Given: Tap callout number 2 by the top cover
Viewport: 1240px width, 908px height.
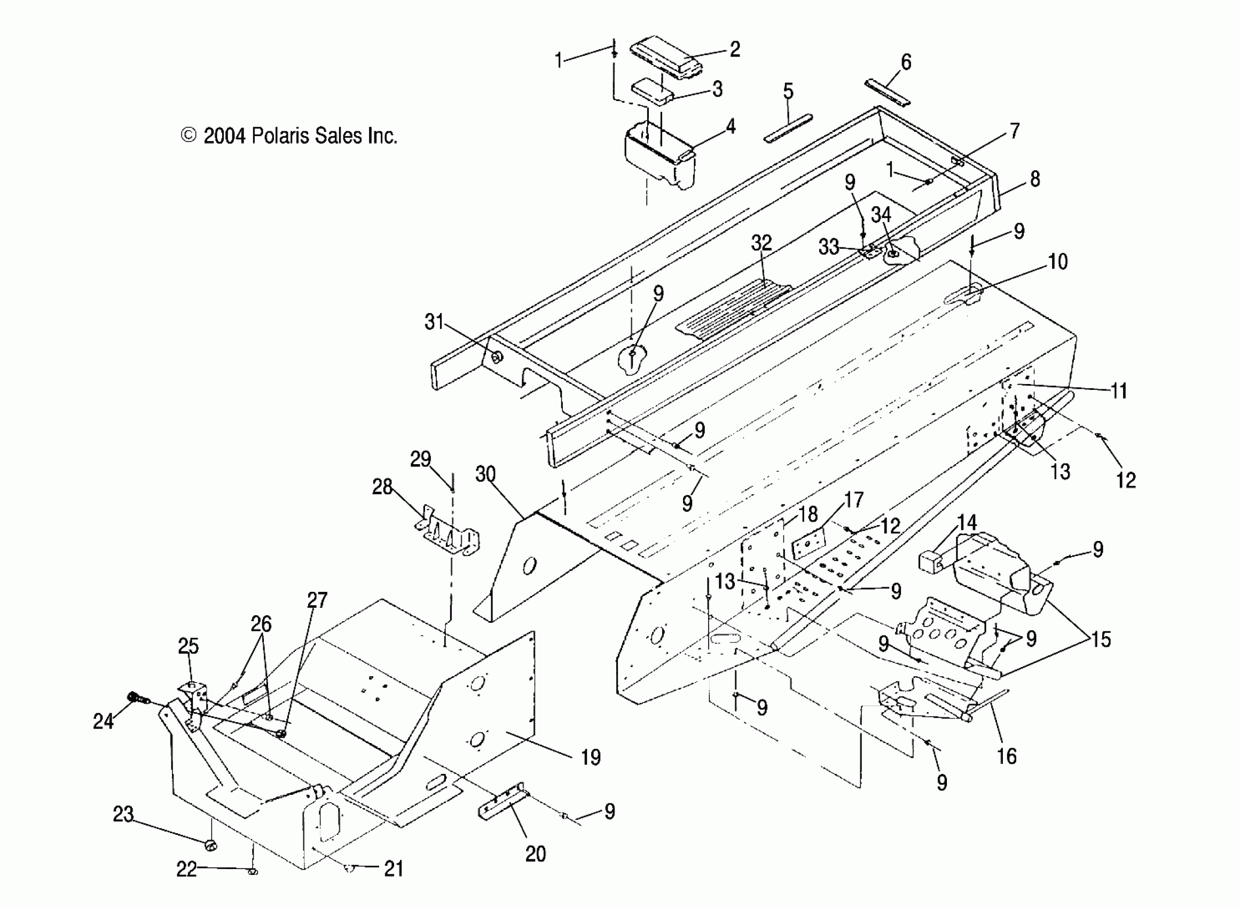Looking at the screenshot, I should point(735,50).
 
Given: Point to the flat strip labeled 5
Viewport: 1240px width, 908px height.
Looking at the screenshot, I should point(788,129).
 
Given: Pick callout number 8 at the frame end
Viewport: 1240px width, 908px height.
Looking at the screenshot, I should point(1034,179).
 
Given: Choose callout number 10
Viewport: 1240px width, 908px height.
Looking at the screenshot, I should point(1057,262).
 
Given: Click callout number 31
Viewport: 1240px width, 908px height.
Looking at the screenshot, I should point(434,322).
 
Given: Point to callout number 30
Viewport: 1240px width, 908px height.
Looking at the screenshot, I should point(485,474).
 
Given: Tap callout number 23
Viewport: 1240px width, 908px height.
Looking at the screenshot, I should point(123,815).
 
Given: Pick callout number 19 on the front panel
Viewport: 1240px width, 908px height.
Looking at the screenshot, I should point(591,757).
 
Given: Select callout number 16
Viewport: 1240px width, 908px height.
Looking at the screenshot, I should point(1007,757).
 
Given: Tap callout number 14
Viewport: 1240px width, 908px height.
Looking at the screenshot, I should point(967,522).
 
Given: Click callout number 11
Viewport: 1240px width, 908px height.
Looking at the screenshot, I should point(1119,391).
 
